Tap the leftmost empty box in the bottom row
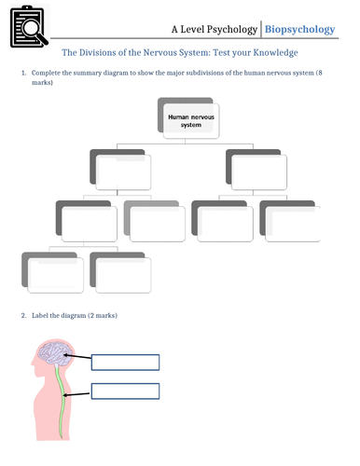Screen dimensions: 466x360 54,271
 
